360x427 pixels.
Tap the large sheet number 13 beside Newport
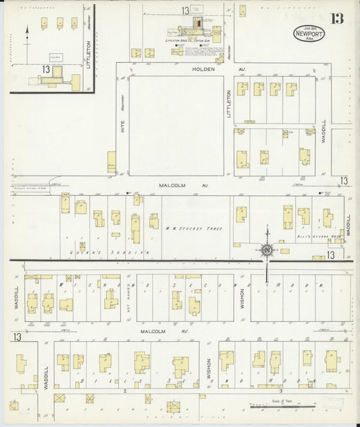336,18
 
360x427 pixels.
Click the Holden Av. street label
203,69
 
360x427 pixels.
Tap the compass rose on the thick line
267,251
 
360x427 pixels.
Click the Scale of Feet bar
282,407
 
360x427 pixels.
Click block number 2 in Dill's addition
125,391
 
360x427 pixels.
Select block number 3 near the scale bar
280,391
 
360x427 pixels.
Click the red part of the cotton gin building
199,24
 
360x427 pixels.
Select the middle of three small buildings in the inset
59,22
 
